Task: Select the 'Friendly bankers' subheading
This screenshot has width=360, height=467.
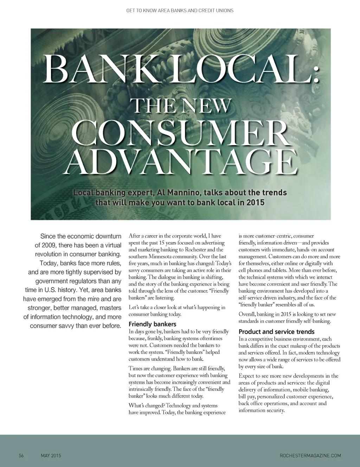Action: [x=152, y=324]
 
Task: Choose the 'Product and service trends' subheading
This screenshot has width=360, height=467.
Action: [x=276, y=332]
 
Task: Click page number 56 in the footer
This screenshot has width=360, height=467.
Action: [x=21, y=456]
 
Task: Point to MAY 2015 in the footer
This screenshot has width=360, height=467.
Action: [x=51, y=456]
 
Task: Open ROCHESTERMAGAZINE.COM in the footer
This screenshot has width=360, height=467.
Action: [x=310, y=456]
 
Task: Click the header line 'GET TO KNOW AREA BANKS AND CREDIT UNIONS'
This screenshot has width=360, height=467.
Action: [x=180, y=11]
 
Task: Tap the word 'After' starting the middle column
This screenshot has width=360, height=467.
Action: [x=134, y=236]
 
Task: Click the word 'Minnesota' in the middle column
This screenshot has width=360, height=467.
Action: [x=156, y=257]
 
